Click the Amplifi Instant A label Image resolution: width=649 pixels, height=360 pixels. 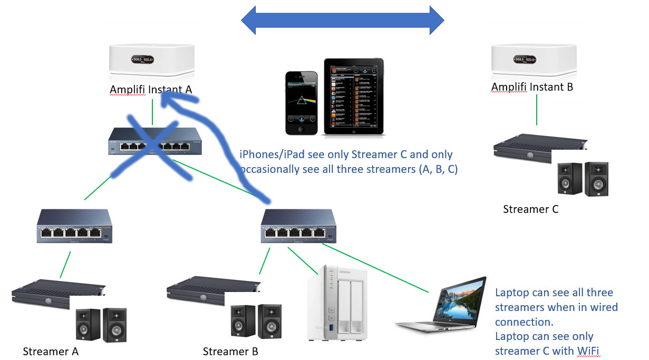[151, 90]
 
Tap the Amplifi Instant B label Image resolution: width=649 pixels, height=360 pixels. [532, 87]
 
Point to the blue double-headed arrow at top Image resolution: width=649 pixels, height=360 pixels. [343, 21]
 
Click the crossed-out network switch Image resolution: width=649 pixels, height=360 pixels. [154, 142]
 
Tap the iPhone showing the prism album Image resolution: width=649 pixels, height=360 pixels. [302, 102]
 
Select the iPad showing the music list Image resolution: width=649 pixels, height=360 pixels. [353, 96]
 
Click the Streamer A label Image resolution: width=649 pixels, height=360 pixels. [51, 351]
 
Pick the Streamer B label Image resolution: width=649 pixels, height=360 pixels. [230, 351]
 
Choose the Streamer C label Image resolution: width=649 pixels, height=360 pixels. [530, 209]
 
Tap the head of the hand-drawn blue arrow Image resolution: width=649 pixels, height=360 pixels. [171, 98]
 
